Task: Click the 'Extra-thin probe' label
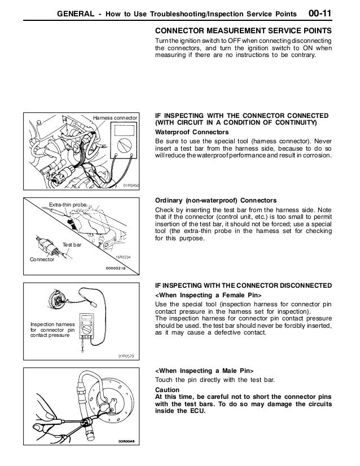65,204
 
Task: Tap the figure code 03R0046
128,442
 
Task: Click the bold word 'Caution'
167,389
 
